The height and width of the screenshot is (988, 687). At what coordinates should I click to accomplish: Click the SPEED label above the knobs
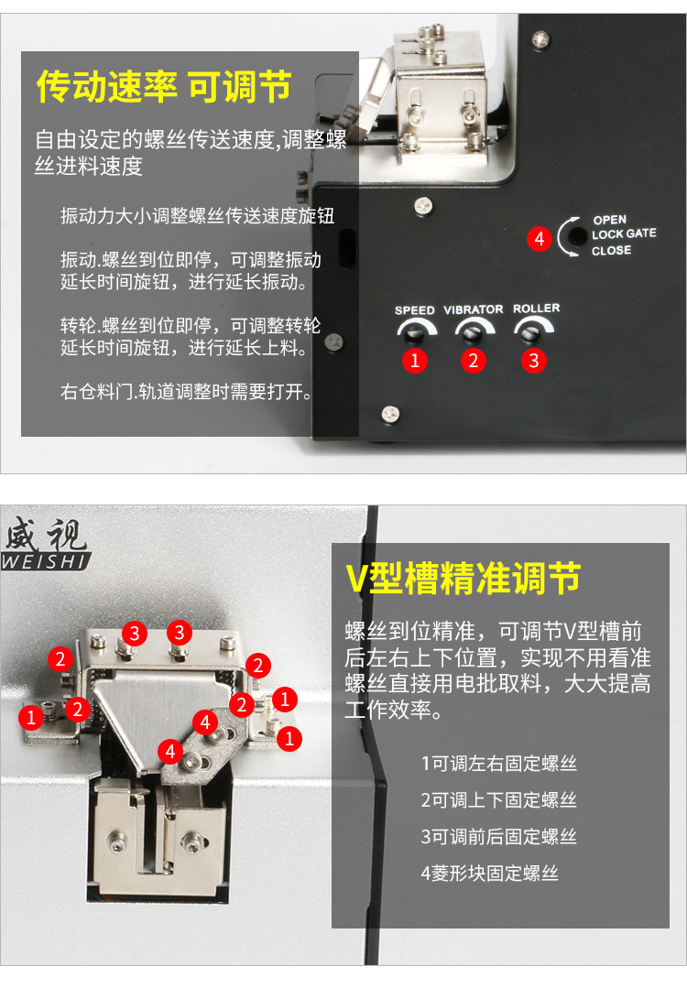tap(414, 310)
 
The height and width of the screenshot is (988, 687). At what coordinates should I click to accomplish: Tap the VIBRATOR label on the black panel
tap(474, 309)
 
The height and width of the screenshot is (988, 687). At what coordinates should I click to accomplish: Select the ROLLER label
tap(536, 308)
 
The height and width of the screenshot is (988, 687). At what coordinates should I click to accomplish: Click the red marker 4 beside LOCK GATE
tap(539, 239)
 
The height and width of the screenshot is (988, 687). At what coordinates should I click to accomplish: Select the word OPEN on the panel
tap(609, 220)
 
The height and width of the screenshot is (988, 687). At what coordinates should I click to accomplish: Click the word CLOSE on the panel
tap(611, 250)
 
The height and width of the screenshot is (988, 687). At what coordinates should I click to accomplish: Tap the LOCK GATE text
tap(624, 233)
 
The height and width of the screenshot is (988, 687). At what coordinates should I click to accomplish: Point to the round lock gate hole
tap(577, 237)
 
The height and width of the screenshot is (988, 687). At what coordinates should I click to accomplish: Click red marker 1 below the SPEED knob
tap(415, 361)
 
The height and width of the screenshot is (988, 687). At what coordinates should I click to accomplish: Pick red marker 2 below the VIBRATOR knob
tap(474, 361)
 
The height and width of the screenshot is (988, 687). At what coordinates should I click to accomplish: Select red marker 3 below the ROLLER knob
tap(534, 361)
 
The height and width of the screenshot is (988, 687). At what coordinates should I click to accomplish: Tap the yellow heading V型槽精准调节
tap(463, 579)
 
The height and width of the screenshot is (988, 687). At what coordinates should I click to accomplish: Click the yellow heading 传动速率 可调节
tap(164, 86)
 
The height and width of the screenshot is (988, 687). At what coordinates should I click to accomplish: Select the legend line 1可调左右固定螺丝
tap(498, 764)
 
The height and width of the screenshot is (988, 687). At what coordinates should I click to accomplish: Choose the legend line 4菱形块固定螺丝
tap(490, 874)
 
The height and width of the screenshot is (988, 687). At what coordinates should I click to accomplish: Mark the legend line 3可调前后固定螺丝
tap(498, 837)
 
